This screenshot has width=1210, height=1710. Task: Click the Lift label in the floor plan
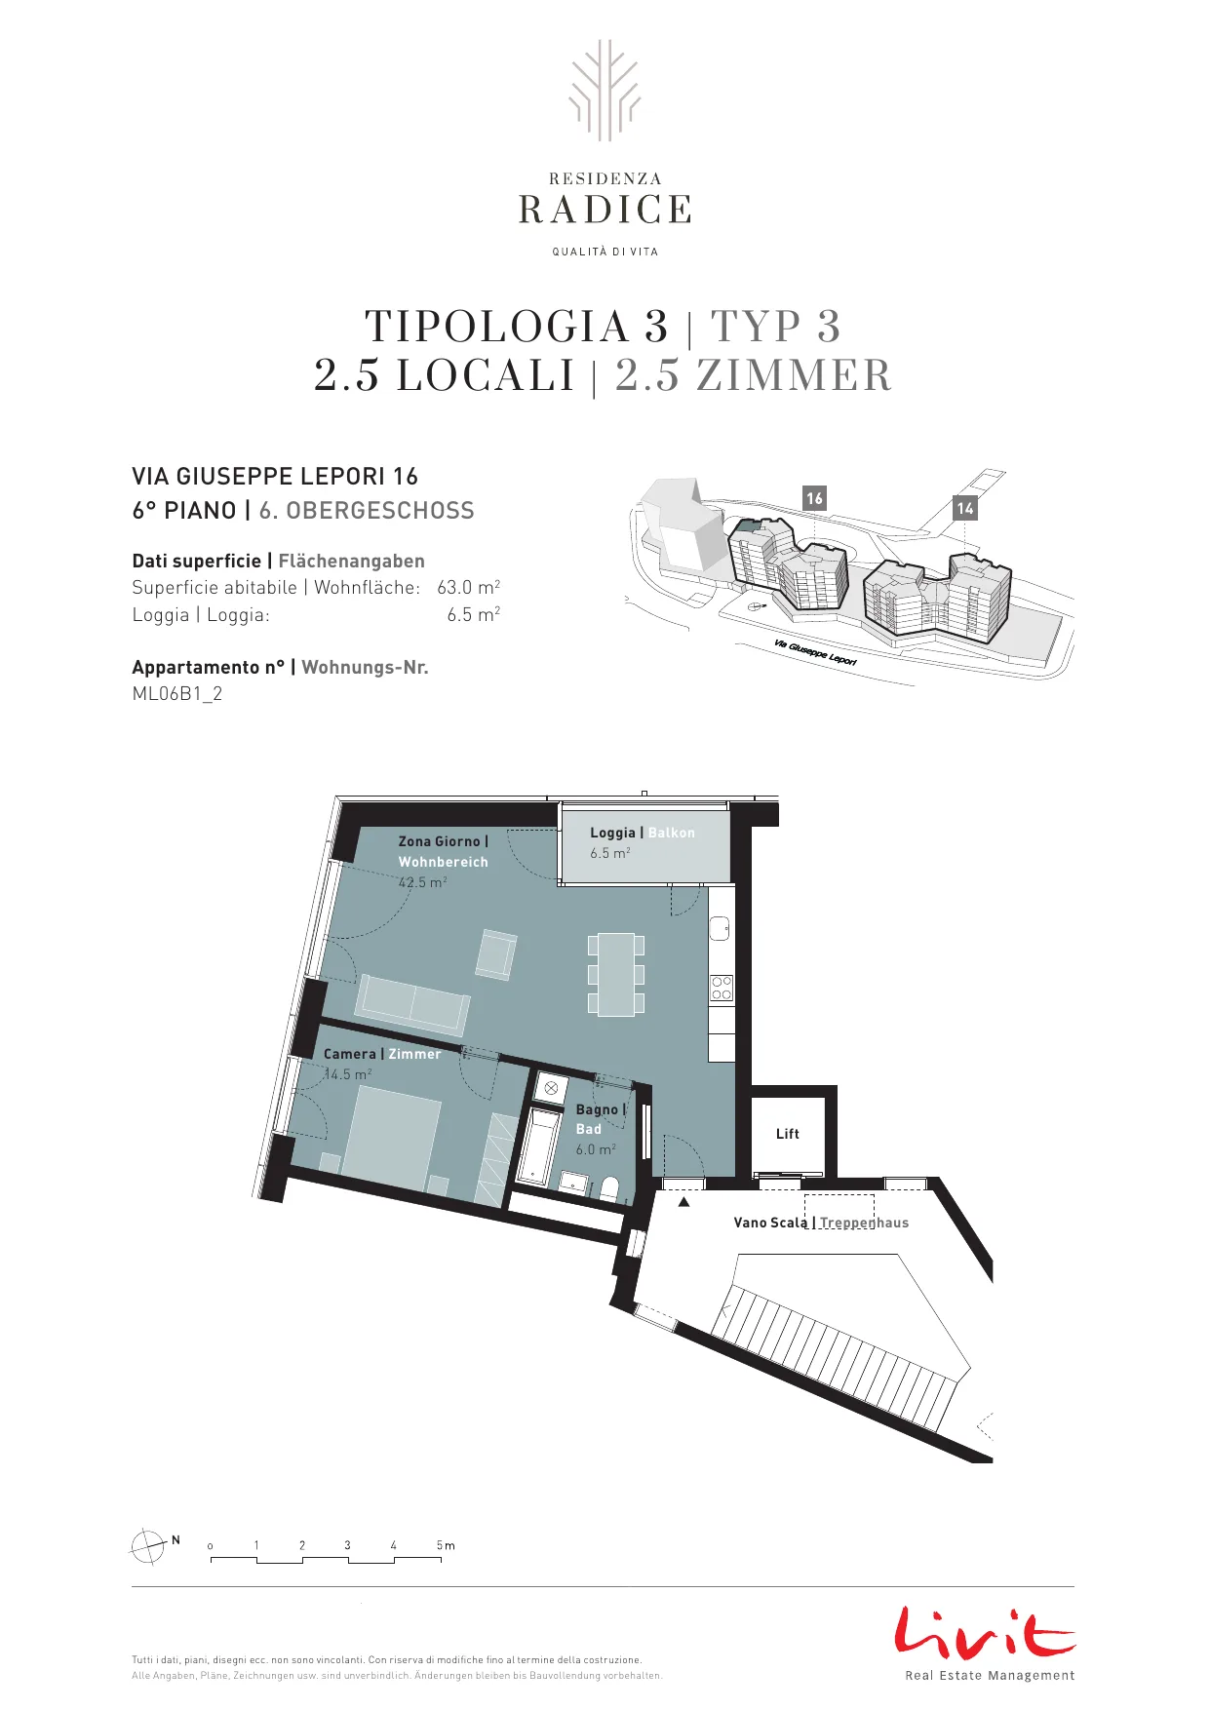(787, 1134)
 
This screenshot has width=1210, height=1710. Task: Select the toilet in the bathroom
(609, 1187)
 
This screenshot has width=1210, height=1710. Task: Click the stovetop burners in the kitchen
(722, 988)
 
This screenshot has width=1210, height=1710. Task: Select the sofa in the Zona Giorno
(412, 1003)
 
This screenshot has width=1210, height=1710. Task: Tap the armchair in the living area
(496, 954)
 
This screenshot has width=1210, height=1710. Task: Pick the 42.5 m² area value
(422, 882)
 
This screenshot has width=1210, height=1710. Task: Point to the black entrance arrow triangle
(683, 1202)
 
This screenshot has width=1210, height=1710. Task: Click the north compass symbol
(148, 1546)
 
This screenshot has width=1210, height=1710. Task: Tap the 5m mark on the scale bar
(446, 1545)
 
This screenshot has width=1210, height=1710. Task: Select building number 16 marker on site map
(814, 498)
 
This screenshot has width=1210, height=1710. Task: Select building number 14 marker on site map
(965, 508)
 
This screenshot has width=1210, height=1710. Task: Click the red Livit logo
(985, 1632)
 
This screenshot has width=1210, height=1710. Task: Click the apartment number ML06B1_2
(177, 694)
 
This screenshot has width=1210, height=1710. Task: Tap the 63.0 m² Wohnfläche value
(469, 587)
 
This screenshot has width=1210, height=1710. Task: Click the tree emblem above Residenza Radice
(605, 90)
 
